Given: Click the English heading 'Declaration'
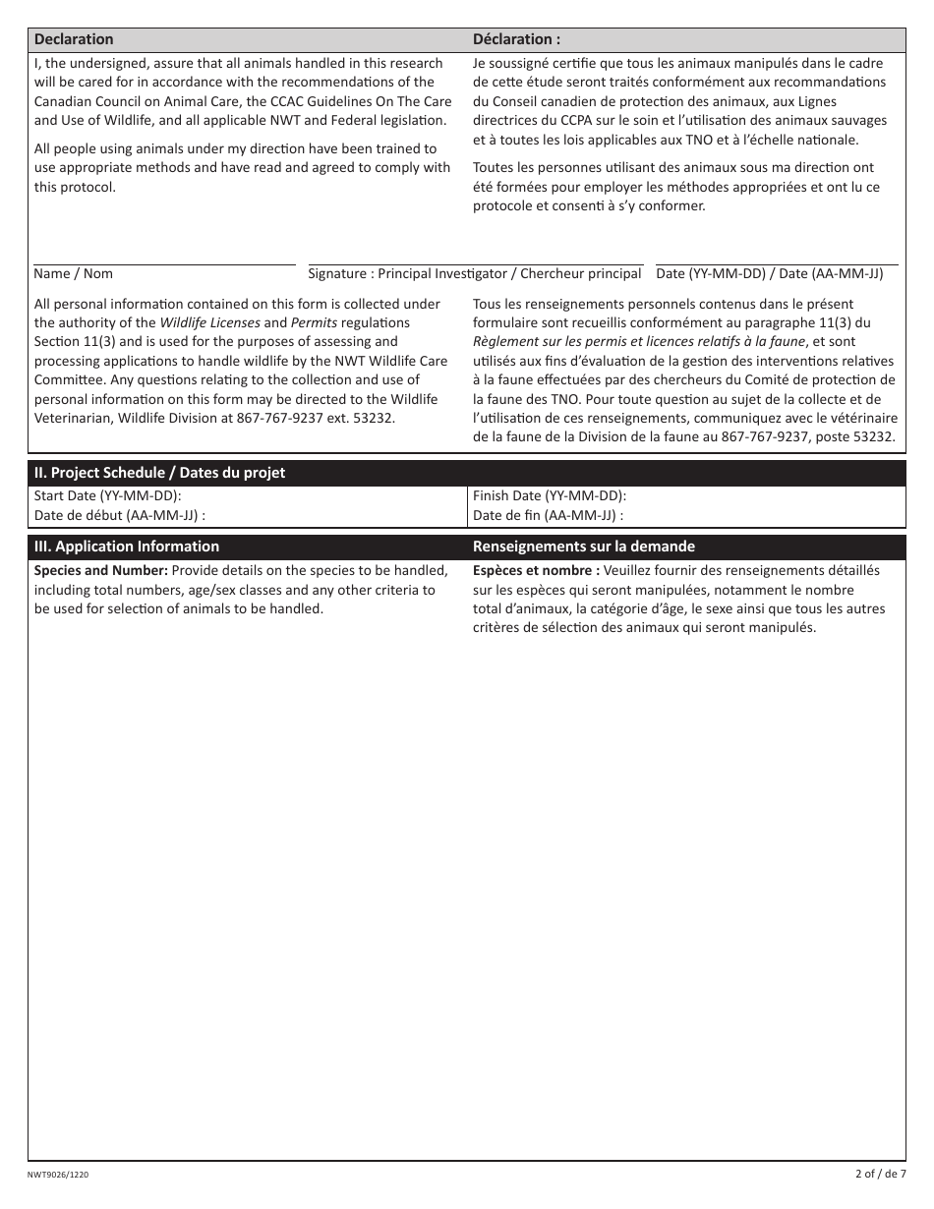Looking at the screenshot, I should pyautogui.click(x=74, y=39).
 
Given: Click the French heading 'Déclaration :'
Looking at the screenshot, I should pyautogui.click(x=516, y=39).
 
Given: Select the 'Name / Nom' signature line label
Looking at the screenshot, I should pyautogui.click(x=74, y=274).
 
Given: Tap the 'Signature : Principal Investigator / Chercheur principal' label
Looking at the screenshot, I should pyautogui.click(x=475, y=274).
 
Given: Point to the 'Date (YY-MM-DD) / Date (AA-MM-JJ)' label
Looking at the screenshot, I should pyautogui.click(x=770, y=274).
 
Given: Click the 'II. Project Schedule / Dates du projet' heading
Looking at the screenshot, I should pyautogui.click(x=159, y=473).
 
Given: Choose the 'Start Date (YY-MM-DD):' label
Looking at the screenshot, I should pyautogui.click(x=108, y=496).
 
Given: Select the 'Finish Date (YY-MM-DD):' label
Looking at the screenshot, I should pyautogui.click(x=550, y=496).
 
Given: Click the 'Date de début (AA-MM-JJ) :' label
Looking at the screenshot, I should pyautogui.click(x=120, y=515).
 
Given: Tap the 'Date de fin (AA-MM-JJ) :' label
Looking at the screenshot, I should pyautogui.click(x=548, y=515).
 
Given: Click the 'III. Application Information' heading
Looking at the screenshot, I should pyautogui.click(x=127, y=547).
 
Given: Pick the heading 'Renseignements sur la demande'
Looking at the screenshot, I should pyautogui.click(x=584, y=547).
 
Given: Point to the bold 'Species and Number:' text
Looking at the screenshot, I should pyautogui.click(x=101, y=570).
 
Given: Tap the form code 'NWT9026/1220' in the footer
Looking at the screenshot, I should pyautogui.click(x=64, y=1174).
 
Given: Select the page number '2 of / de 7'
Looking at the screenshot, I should pyautogui.click(x=880, y=1173).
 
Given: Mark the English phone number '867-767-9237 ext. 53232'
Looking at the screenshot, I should pyautogui.click(x=314, y=418).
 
